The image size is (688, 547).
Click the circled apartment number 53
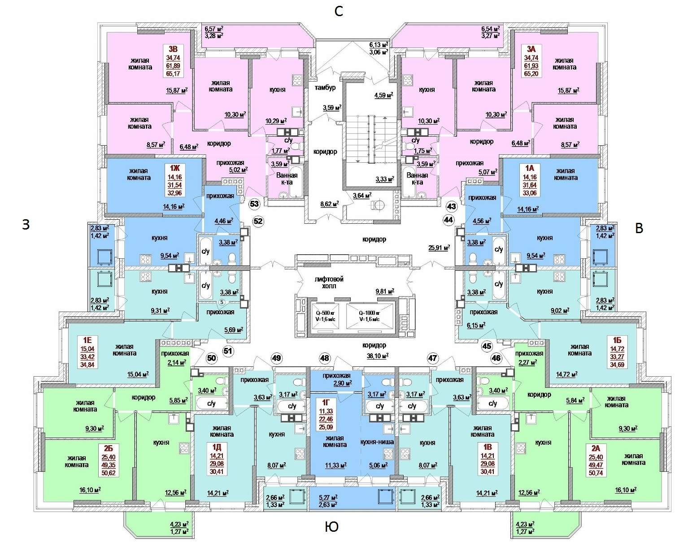click(x=254, y=204)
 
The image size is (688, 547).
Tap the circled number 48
click(x=325, y=358)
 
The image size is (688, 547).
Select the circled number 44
click(x=449, y=220)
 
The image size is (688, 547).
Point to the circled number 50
click(x=212, y=358)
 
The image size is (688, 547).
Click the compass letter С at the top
click(x=339, y=12)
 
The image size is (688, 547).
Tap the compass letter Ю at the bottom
click(x=331, y=526)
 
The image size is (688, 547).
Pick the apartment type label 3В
click(x=173, y=49)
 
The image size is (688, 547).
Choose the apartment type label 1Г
click(x=326, y=403)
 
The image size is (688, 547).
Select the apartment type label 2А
click(x=596, y=448)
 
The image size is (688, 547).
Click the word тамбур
click(x=325, y=87)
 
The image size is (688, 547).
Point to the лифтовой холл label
click(x=329, y=282)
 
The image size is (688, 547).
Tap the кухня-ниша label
click(x=377, y=442)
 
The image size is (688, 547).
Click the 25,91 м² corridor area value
click(x=439, y=247)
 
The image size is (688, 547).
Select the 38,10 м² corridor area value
click(x=378, y=356)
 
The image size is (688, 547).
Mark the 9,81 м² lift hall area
click(x=385, y=291)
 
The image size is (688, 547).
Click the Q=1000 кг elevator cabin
click(x=369, y=316)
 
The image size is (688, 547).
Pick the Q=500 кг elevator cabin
click(x=325, y=316)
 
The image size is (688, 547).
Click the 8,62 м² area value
click(x=329, y=204)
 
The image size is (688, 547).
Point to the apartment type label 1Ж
click(x=175, y=168)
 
